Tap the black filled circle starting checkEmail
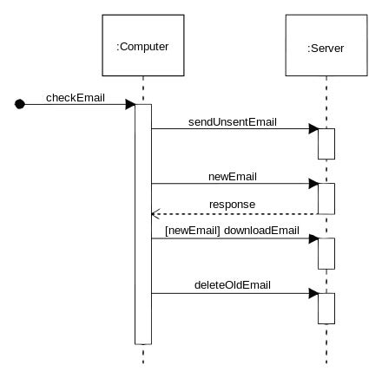(x=20, y=104)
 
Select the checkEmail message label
(x=76, y=98)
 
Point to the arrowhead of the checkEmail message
(x=130, y=104)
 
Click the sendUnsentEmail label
(x=233, y=122)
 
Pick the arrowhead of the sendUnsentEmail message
(x=313, y=129)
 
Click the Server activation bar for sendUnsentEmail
(x=326, y=144)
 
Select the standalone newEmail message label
(x=233, y=177)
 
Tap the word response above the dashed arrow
(x=232, y=205)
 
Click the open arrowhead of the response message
(x=155, y=214)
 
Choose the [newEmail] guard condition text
(x=193, y=231)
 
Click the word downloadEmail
(x=261, y=231)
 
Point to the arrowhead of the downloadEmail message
(x=313, y=238)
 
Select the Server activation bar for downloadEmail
(x=326, y=254)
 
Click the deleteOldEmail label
(x=233, y=285)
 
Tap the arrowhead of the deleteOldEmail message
(x=313, y=294)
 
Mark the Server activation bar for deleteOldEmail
(x=326, y=309)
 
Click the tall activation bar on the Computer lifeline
(x=143, y=225)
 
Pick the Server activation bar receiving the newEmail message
(x=326, y=199)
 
